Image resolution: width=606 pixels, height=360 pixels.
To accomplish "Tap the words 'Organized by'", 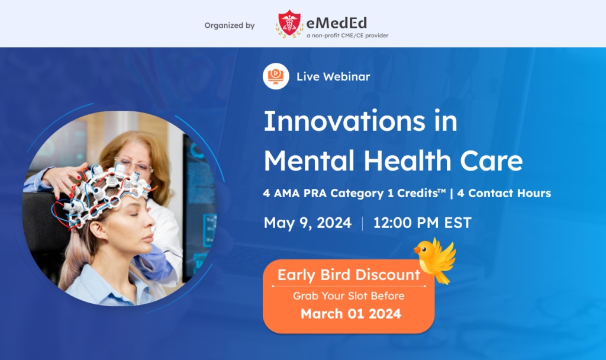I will point(230,25).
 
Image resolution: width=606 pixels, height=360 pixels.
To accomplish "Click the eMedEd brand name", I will point(336,22).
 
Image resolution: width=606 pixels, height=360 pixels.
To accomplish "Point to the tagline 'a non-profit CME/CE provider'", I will point(347,36).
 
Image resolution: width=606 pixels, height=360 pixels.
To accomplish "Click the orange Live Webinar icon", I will point(275,76).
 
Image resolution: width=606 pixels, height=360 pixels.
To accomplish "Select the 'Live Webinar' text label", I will point(333,76).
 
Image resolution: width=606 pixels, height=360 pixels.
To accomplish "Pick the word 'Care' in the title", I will point(492,160).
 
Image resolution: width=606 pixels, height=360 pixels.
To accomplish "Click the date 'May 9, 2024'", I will point(307,223).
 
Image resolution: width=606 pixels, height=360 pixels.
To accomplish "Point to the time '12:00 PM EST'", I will point(423,223).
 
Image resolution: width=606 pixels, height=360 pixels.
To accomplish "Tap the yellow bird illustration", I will point(436,259).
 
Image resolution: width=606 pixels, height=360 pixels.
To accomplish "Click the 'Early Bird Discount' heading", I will point(349,275).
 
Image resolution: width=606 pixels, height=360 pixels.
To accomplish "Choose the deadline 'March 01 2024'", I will point(351,313).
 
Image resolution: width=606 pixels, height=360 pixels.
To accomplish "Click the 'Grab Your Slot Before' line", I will point(349,295).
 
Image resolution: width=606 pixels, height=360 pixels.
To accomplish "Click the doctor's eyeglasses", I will point(134,166).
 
